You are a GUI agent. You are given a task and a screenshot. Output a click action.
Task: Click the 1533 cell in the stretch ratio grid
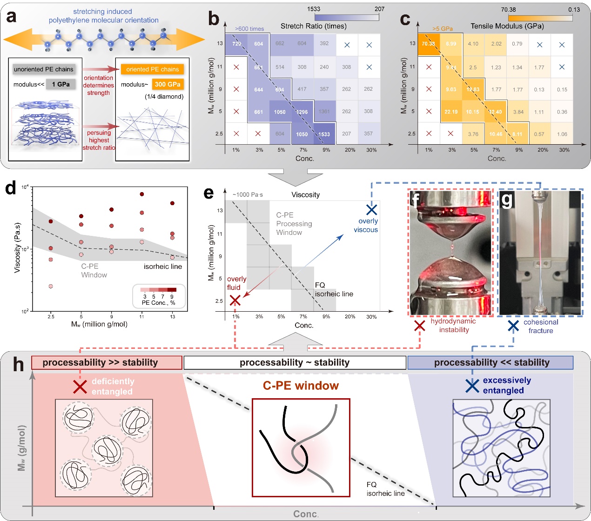pos(324,134)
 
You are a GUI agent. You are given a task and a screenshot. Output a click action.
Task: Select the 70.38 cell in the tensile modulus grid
pos(428,44)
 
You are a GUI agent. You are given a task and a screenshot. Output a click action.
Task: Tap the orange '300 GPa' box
pos(168,84)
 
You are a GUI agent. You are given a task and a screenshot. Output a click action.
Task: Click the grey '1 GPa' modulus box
pos(60,84)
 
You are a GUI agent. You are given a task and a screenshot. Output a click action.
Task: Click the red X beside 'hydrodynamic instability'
pos(419,326)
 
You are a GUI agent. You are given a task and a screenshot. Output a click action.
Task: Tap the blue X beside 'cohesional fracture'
pos(513,326)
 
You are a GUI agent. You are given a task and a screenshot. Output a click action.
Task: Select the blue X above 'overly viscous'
pos(371,209)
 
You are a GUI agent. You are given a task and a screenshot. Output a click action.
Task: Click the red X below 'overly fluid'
pos(235,301)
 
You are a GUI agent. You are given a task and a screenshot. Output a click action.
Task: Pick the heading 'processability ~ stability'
pos(295,362)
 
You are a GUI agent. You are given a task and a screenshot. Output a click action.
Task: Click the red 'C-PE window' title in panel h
pos(301,386)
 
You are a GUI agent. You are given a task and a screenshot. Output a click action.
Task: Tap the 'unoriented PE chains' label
pos(44,69)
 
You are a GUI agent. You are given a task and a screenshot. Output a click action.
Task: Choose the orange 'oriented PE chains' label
pos(152,69)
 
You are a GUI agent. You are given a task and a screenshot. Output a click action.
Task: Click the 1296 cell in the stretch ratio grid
pos(302,112)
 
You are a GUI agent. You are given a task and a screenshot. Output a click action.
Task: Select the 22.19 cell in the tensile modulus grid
pos(450,112)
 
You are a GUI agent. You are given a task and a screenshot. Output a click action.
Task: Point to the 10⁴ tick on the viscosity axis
pos(25,187)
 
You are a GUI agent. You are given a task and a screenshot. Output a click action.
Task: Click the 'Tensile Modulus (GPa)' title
pos(507,26)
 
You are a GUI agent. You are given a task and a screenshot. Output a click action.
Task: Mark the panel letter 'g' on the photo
pos(506,200)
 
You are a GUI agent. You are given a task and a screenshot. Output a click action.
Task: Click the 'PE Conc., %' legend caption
pos(158,302)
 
